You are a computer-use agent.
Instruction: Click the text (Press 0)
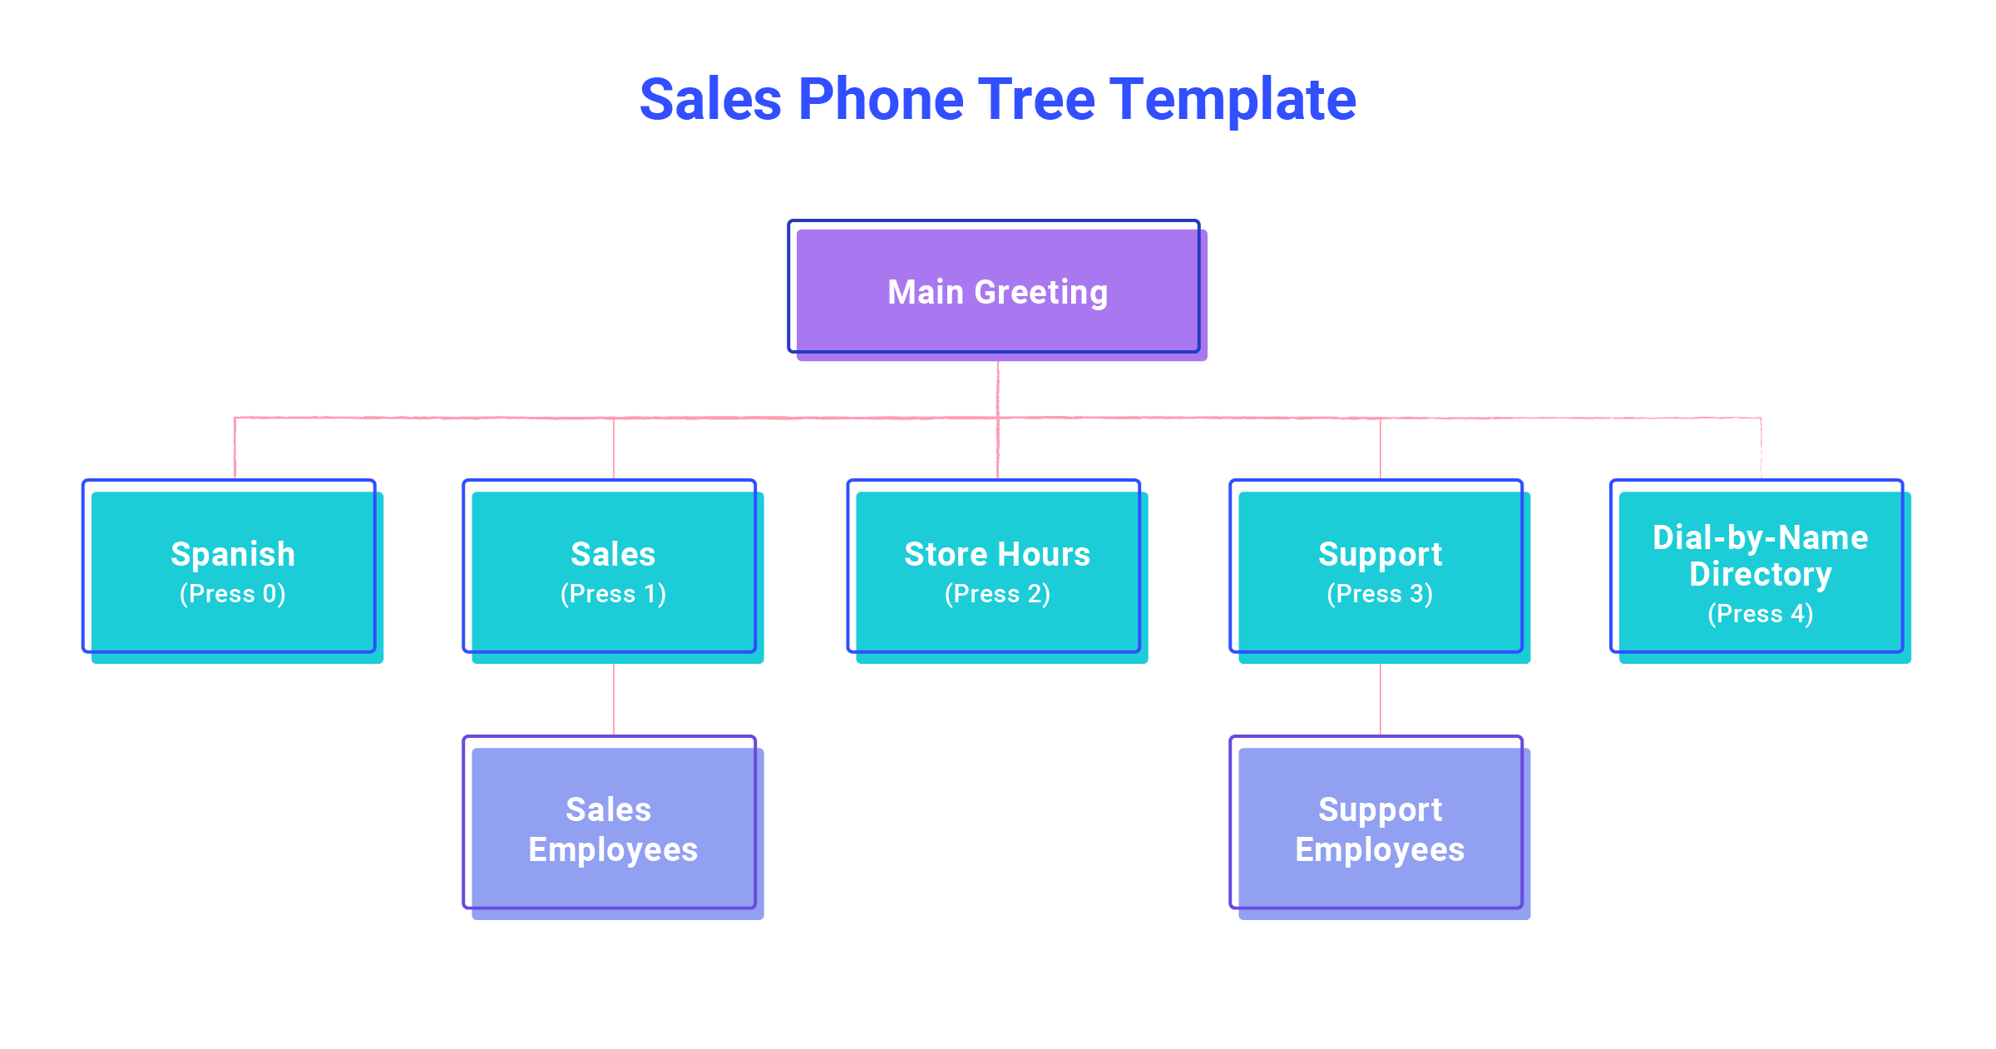point(233,594)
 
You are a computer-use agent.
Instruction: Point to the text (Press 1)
point(613,594)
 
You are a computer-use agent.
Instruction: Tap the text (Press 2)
point(997,594)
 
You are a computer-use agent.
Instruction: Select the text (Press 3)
point(1380,594)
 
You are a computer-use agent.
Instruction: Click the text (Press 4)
point(1760,614)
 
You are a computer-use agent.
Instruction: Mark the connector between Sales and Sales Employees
point(614,699)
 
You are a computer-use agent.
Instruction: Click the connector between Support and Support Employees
point(1381,699)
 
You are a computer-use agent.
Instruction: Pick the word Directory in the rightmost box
point(1760,575)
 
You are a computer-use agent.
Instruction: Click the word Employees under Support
point(1380,850)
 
